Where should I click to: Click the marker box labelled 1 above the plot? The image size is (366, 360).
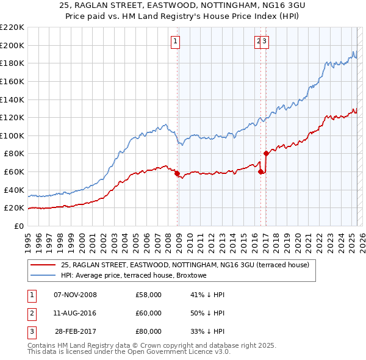(x=175, y=41)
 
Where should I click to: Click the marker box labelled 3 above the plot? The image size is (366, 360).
(x=266, y=41)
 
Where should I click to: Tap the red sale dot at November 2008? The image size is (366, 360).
(x=177, y=174)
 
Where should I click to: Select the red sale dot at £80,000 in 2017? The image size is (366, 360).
(x=266, y=153)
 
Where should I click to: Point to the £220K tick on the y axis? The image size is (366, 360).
(x=12, y=27)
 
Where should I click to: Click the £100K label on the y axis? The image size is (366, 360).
(x=12, y=135)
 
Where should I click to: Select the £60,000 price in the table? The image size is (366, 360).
(x=149, y=313)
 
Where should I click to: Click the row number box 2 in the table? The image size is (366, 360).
(x=30, y=313)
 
